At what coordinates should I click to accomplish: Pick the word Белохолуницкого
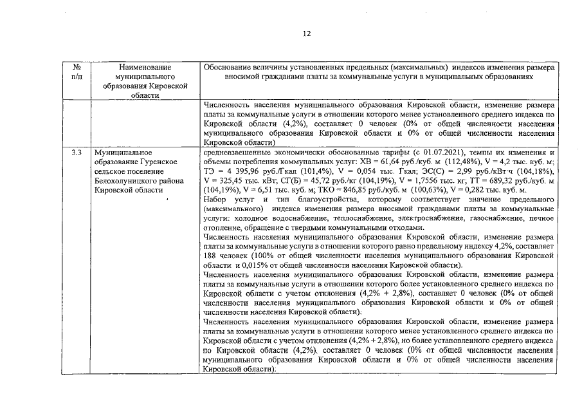pyautogui.click(x=125, y=182)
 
